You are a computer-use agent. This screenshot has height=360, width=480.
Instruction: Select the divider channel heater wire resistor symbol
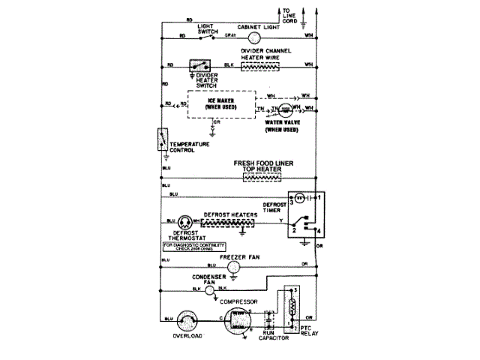tap(259, 65)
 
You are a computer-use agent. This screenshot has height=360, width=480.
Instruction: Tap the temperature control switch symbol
tap(163, 140)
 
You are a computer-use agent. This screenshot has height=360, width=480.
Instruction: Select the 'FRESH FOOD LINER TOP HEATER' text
tap(259, 166)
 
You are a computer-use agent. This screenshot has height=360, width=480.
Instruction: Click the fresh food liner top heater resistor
tap(260, 180)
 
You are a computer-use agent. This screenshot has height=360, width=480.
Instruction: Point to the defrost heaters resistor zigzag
tap(228, 223)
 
